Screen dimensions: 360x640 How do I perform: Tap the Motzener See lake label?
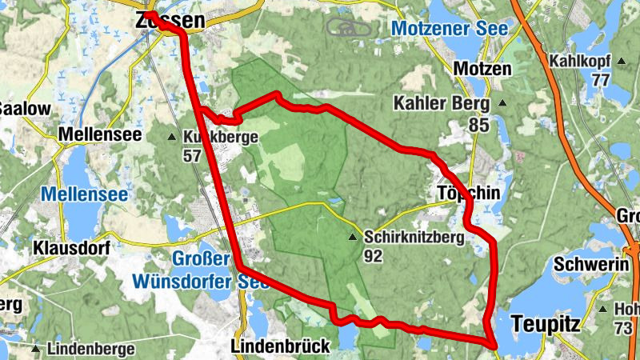pyautogui.click(x=450, y=29)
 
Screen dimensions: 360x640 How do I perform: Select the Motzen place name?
pyautogui.click(x=482, y=69)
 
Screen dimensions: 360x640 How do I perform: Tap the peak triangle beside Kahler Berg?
pyautogui.click(x=502, y=103)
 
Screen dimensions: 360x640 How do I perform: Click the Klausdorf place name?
pyautogui.click(x=71, y=248)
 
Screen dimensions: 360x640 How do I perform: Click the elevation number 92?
pyautogui.click(x=373, y=257)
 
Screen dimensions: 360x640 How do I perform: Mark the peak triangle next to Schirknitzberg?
pyautogui.click(x=352, y=238)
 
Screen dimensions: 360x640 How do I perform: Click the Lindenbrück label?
pyautogui.click(x=280, y=346)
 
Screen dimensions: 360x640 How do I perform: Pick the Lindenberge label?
pyautogui.click(x=86, y=349)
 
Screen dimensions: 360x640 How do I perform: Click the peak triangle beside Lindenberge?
pyautogui.click(x=35, y=349)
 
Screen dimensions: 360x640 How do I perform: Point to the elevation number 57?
pyautogui.click(x=192, y=156)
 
